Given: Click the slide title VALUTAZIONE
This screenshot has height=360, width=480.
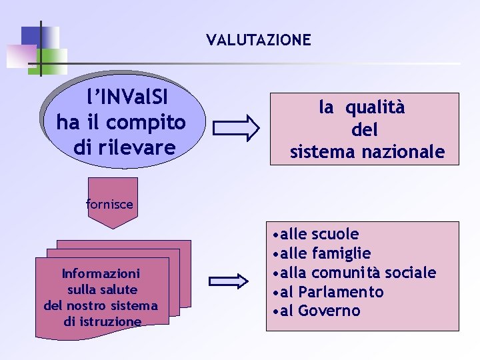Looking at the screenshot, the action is tap(259, 40).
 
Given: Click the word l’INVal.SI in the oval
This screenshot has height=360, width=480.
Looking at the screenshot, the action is tap(127, 98).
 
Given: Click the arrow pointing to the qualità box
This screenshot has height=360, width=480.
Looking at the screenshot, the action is tap(238, 128).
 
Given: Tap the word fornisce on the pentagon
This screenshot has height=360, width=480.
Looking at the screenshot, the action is tap(110, 204).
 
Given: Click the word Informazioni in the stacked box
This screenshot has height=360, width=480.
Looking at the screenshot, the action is tap(101, 273).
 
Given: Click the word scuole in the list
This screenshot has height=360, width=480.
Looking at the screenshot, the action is tap(335, 234).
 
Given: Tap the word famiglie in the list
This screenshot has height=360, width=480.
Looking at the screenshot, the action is tap(341, 253).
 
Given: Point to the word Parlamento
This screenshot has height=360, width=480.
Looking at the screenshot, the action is tap(341, 292).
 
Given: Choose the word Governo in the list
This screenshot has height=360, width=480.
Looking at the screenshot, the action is tap(329, 311).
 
